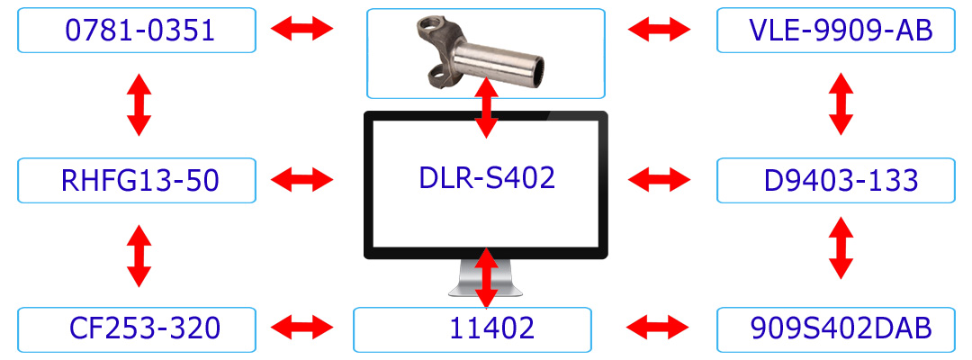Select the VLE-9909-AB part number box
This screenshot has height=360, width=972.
tap(834, 31)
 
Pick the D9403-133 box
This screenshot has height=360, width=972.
tap(834, 180)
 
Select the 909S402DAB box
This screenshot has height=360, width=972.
tap(834, 328)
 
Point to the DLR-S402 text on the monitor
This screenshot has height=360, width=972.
tap(487, 177)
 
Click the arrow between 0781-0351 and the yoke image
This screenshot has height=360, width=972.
tap(301, 31)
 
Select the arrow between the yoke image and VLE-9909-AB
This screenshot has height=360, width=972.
tap(659, 31)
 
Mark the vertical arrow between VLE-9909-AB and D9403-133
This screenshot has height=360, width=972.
tap(840, 103)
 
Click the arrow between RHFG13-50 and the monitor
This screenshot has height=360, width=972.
tap(301, 179)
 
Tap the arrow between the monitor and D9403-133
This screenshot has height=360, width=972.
tap(659, 179)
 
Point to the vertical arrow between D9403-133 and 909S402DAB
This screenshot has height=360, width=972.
tap(840, 247)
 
